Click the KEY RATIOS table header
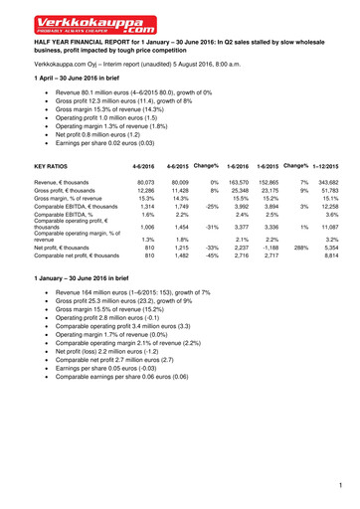tap(51, 166)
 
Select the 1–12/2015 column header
tap(332, 165)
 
